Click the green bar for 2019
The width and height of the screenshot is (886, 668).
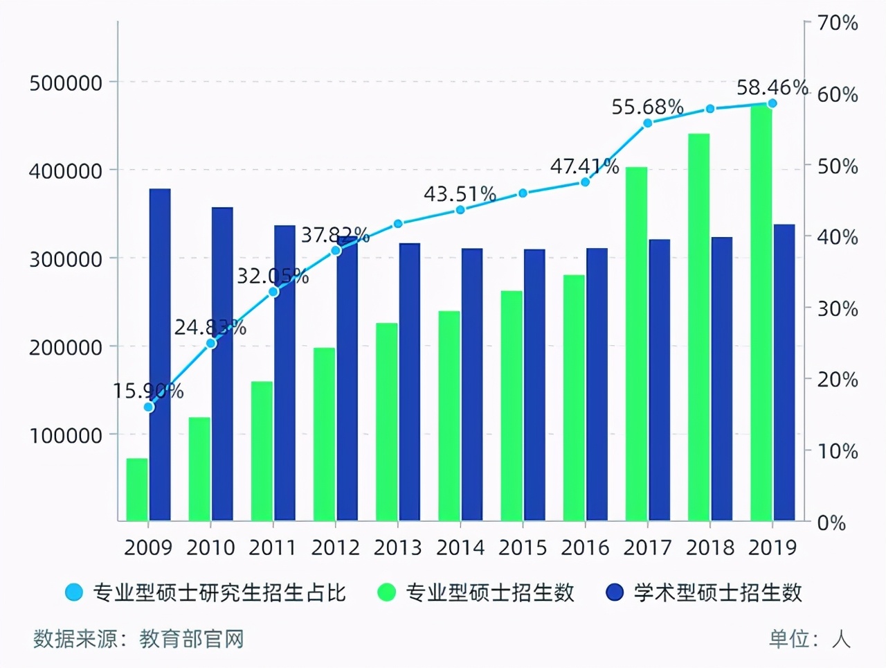(x=761, y=312)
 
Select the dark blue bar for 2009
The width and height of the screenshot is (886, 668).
(x=160, y=353)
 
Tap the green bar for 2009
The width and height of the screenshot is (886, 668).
(x=137, y=489)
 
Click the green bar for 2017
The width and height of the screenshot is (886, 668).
(x=636, y=343)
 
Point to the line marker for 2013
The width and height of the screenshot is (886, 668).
(x=398, y=224)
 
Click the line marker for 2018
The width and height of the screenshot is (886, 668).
(x=710, y=109)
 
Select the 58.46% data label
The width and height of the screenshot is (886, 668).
(x=772, y=88)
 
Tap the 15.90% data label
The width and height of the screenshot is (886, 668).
(x=148, y=392)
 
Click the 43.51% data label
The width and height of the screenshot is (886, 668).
(x=460, y=194)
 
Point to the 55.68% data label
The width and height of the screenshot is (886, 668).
(x=647, y=107)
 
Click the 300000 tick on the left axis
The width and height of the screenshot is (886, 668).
(x=66, y=259)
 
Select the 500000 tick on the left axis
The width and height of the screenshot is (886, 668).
(x=66, y=83)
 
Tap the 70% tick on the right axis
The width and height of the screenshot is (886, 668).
(x=838, y=24)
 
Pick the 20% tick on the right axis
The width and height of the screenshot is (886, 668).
(x=838, y=380)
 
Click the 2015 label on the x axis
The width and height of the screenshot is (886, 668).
(x=523, y=547)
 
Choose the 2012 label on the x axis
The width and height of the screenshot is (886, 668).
(x=335, y=547)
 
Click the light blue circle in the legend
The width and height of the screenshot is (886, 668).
(x=74, y=593)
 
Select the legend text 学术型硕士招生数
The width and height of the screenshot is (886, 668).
(x=717, y=593)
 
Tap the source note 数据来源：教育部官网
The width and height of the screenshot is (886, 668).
(x=138, y=638)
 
